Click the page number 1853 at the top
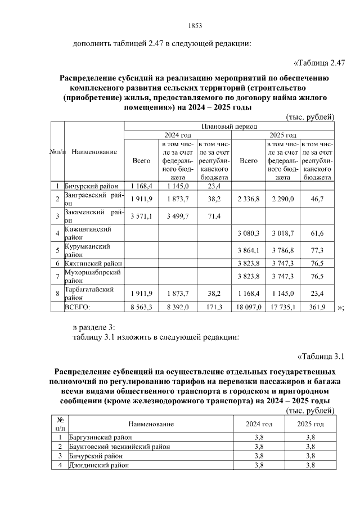[x=194, y=26]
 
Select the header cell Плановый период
[x=228, y=127]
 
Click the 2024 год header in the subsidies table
[x=178, y=136]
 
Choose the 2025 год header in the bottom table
[x=310, y=424]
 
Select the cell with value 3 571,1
[x=142, y=216]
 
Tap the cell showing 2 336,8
[x=249, y=199]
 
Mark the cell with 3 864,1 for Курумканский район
[x=249, y=250]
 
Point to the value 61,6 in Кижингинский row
[x=318, y=233]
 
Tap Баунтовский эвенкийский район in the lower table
[x=119, y=446]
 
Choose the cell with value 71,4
[x=214, y=216]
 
